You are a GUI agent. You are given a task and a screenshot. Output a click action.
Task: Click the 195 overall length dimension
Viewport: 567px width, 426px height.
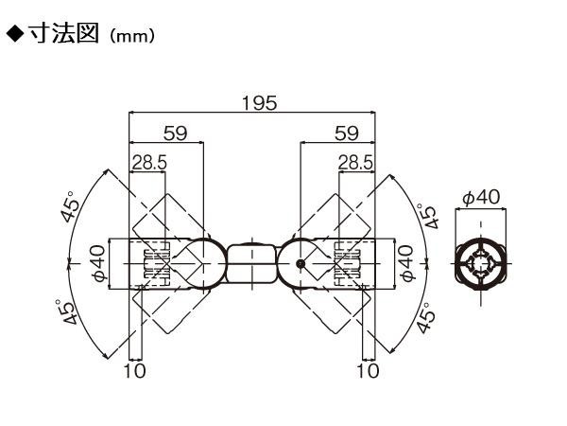(259, 103)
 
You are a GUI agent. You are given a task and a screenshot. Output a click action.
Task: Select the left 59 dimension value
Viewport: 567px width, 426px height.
(176, 133)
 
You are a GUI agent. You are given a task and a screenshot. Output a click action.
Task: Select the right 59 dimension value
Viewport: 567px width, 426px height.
(347, 133)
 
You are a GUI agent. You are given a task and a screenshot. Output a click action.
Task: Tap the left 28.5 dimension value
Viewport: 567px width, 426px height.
(149, 162)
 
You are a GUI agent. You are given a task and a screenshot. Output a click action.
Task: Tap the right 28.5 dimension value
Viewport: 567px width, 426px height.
(355, 162)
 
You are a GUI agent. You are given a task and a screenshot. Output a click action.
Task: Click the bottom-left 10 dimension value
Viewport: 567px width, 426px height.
(135, 370)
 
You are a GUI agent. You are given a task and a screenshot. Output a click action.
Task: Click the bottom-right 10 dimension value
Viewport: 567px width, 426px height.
(369, 370)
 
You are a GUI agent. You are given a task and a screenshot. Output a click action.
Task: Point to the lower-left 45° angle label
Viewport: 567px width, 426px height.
(67, 311)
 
